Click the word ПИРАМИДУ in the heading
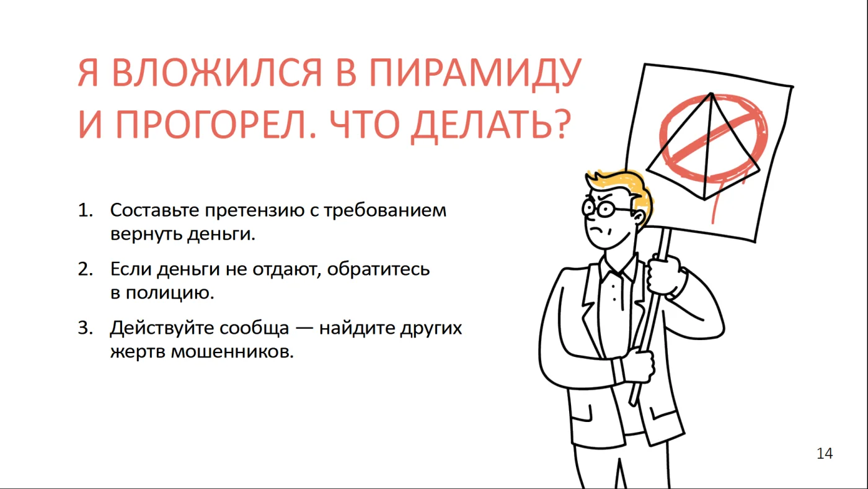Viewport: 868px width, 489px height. point(475,73)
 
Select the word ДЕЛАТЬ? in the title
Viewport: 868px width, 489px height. point(491,125)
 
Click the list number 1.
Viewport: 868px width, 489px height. point(86,210)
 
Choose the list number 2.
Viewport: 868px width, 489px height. point(86,269)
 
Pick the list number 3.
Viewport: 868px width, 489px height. point(86,328)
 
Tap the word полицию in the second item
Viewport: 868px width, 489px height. point(170,294)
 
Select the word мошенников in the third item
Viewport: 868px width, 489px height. point(232,352)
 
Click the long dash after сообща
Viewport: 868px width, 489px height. point(304,330)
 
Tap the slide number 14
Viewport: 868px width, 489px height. point(825,454)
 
